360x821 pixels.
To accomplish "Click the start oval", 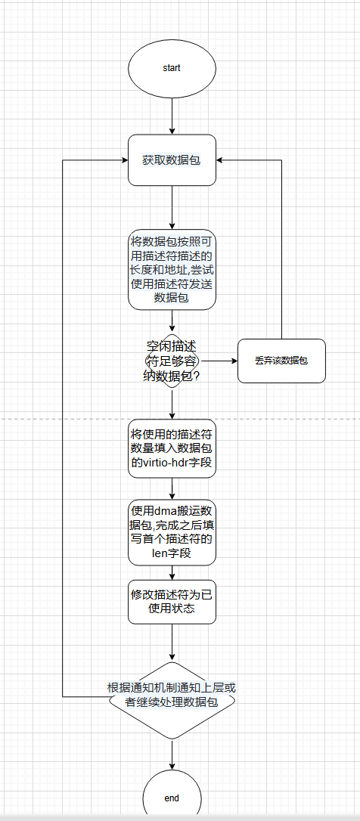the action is [172, 68].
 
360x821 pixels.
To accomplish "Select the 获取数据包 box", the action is [172, 160].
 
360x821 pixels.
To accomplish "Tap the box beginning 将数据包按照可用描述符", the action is [172, 270].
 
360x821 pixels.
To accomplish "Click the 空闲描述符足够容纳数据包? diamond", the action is [172, 361].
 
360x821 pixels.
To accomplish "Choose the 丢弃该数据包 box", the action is [282, 361].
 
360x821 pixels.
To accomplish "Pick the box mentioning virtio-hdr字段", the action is [172, 448].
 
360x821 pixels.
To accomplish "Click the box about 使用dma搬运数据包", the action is [172, 532].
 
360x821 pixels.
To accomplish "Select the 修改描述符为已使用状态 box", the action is [172, 602].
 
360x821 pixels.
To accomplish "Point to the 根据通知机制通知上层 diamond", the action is [172, 696].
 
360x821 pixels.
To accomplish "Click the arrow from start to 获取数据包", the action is [172, 115].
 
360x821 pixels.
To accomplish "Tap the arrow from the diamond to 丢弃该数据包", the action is [219, 361].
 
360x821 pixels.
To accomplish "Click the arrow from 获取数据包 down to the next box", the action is [172, 207].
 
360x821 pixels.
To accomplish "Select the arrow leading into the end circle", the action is [172, 754].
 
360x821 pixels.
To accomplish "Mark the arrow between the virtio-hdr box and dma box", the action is [172, 488].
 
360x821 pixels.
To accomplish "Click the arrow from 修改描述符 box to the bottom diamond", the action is [172, 643].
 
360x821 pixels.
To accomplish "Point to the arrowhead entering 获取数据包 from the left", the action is [125, 160].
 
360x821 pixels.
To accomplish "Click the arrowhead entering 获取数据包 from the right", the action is [219, 160].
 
